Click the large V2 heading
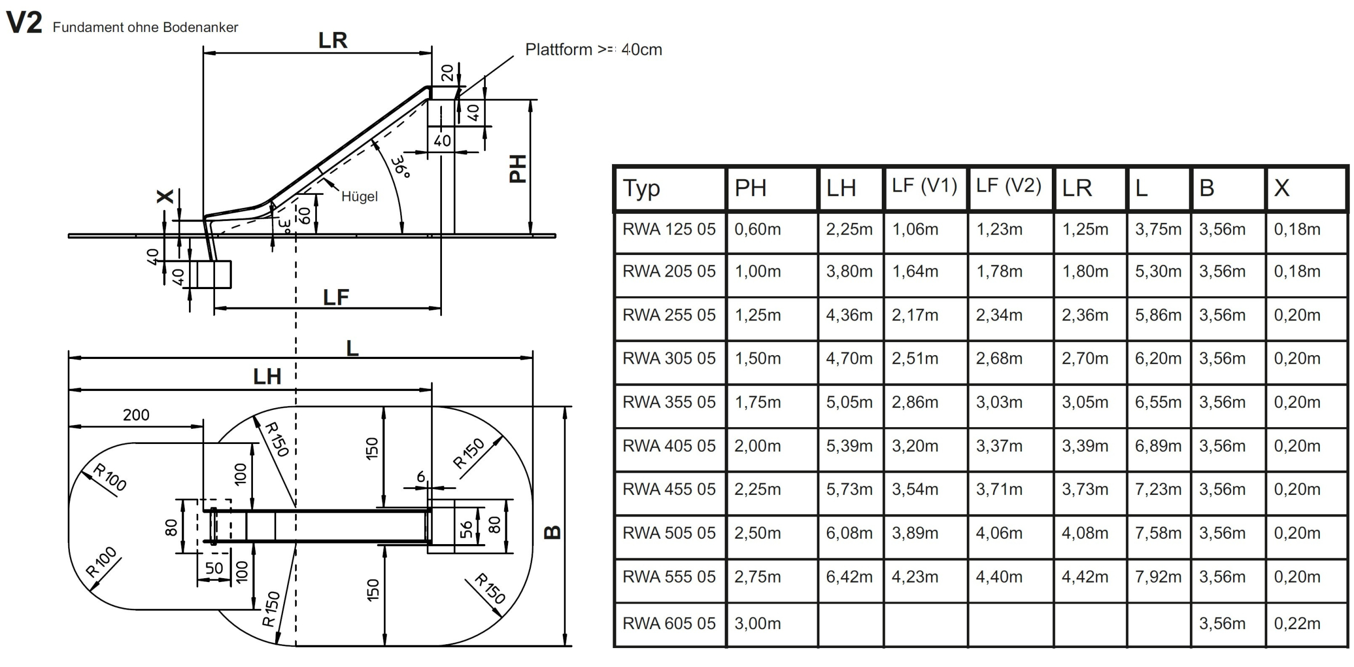click(24, 23)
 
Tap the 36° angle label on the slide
click(401, 167)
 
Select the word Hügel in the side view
click(360, 197)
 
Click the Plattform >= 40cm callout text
click(594, 50)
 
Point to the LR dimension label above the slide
click(333, 41)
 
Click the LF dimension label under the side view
click(336, 297)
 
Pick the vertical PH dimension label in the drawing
click(518, 168)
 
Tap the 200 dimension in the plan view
click(136, 415)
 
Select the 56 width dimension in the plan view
click(466, 529)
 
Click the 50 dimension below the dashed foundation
click(214, 568)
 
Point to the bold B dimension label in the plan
click(552, 532)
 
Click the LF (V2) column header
click(1008, 186)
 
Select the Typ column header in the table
click(641, 188)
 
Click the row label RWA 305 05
click(669, 358)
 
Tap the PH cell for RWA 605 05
click(757, 624)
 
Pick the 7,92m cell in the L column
click(1158, 577)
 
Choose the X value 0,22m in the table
click(1297, 624)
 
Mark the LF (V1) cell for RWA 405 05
click(915, 446)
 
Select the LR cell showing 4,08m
click(1084, 533)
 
